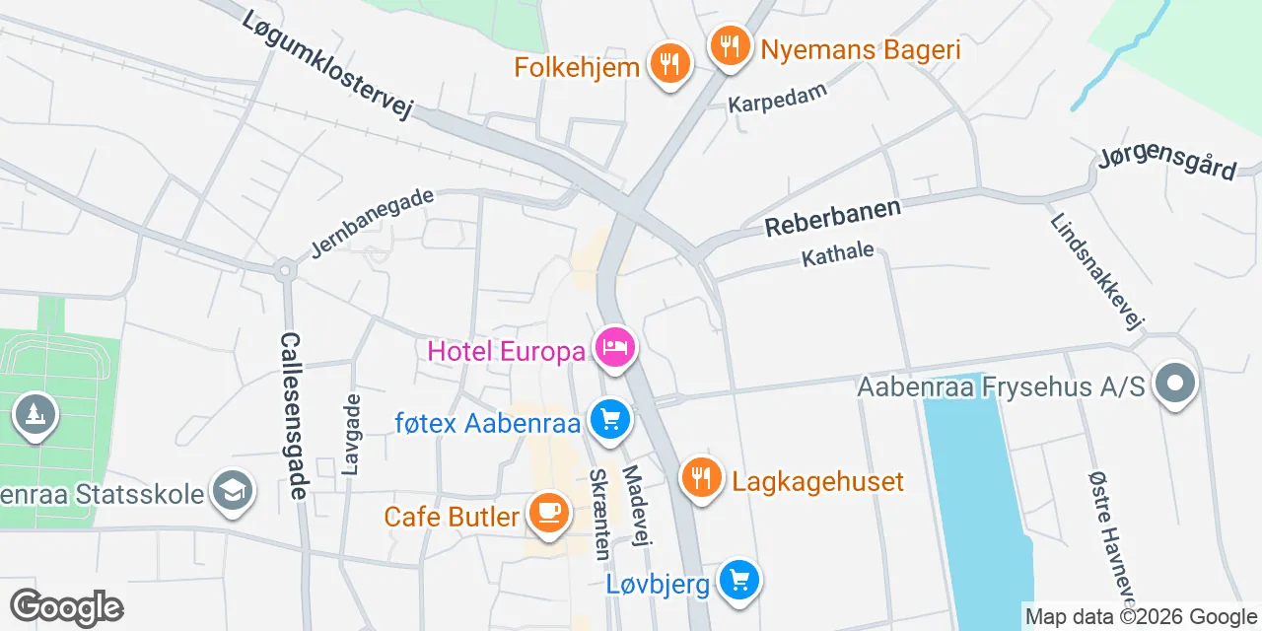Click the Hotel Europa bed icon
point(615,348)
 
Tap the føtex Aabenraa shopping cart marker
point(609,420)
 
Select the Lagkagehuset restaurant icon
point(701,479)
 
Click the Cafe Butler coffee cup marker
point(548,513)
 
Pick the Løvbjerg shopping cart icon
point(739,581)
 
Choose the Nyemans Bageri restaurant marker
point(730,45)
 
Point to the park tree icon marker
point(35,415)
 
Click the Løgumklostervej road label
point(325,65)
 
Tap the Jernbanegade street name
point(372,224)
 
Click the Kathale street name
point(838,254)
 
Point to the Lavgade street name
point(351,434)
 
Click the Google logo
point(66,607)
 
